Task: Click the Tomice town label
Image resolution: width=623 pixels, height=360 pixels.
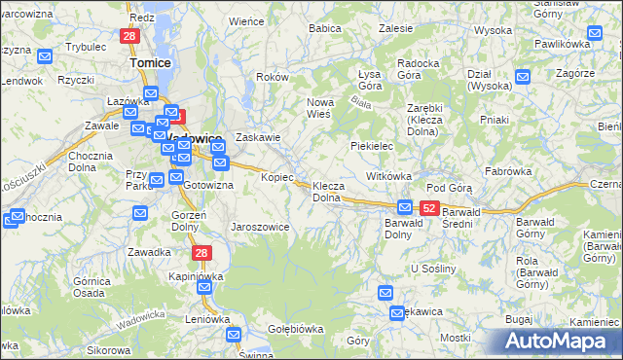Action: [x=150, y=62]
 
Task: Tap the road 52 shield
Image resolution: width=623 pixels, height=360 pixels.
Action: [x=428, y=208]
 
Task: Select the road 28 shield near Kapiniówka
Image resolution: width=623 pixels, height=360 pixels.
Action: [x=202, y=253]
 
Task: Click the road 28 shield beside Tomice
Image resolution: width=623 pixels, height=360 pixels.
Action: [x=129, y=36]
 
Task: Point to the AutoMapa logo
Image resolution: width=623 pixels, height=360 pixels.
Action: [x=557, y=341]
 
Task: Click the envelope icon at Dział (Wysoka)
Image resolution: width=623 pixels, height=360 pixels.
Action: [x=524, y=77]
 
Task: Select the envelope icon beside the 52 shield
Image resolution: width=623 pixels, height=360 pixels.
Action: [x=405, y=207]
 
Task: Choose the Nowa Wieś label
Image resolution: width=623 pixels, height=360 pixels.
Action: [x=319, y=107]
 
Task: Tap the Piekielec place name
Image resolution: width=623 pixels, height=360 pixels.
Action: [x=371, y=146]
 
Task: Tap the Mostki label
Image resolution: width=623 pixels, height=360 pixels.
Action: [x=455, y=337]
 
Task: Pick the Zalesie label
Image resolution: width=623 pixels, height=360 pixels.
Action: [x=395, y=29]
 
